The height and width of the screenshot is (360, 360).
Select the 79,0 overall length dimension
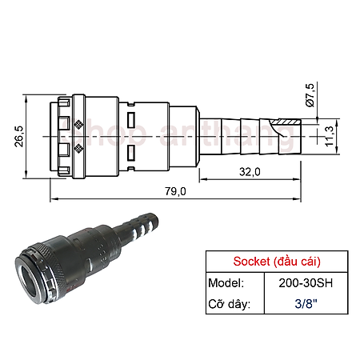point(175,190)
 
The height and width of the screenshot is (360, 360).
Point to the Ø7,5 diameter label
point(311,95)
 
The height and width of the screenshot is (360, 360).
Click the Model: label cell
point(227,283)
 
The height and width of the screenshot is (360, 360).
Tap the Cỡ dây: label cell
point(230,305)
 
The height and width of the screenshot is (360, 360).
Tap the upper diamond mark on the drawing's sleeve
point(78,124)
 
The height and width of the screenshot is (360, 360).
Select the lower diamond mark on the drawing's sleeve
point(78,149)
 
